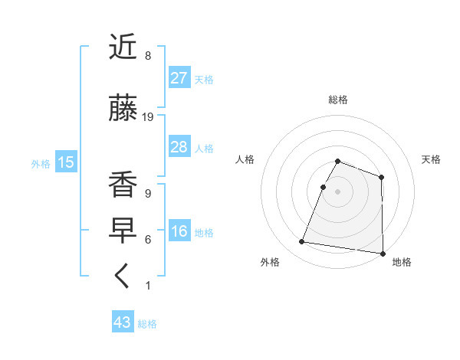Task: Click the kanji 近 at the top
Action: click(x=123, y=48)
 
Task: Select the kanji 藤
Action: click(x=123, y=109)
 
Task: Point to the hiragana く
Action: click(x=123, y=277)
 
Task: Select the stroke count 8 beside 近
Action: click(x=148, y=56)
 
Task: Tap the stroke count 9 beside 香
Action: click(x=148, y=194)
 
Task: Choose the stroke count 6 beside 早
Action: click(x=148, y=240)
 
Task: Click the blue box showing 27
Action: click(x=179, y=78)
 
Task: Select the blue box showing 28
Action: click(x=179, y=147)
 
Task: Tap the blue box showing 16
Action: click(x=179, y=231)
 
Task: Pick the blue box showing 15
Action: click(x=65, y=162)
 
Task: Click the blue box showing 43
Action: click(x=123, y=322)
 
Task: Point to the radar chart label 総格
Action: click(x=338, y=100)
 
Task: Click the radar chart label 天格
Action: click(x=432, y=159)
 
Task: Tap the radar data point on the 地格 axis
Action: click(x=383, y=254)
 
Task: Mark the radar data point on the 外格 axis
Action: click(x=301, y=242)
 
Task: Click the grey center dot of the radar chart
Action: click(x=338, y=191)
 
